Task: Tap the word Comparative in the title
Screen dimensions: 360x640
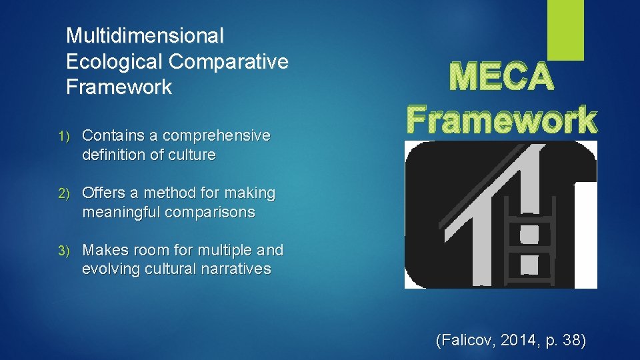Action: [x=229, y=61]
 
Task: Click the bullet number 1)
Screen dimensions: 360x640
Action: [x=71, y=136]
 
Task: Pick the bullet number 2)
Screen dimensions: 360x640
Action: [x=71, y=193]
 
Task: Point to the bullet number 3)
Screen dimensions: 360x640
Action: [x=71, y=251]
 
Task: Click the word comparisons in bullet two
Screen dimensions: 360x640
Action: [x=212, y=212]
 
